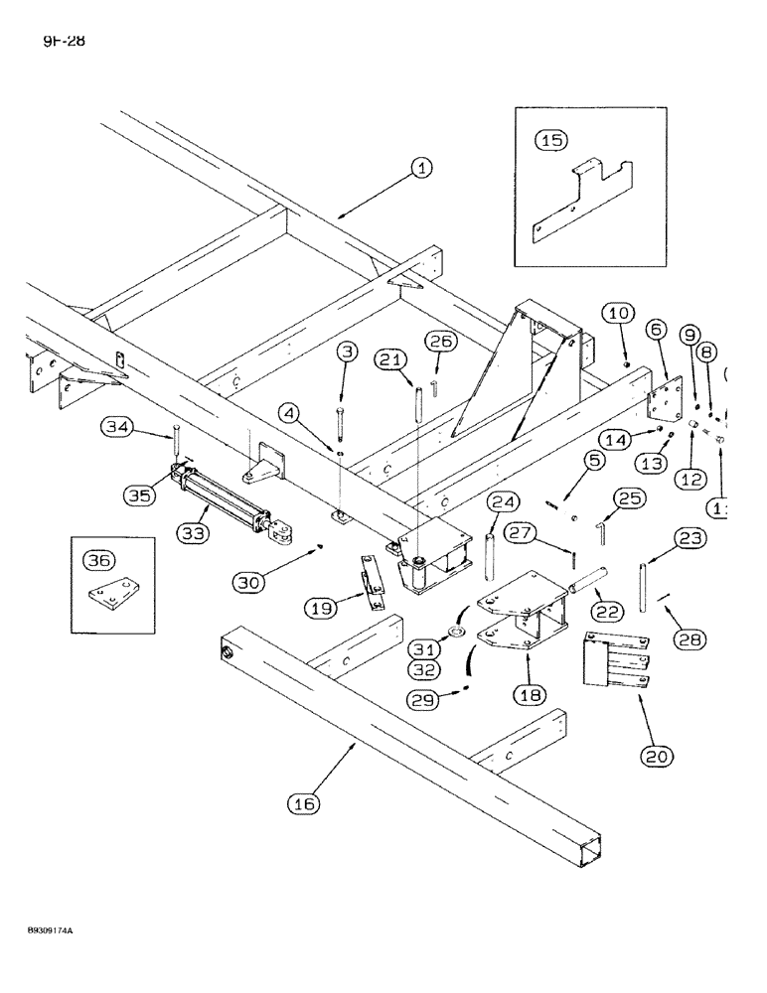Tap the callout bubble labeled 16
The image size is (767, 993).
pos(305,804)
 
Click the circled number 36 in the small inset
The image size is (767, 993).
pos(97,560)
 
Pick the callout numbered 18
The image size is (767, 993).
pos(531,694)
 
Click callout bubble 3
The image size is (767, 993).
pos(346,352)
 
